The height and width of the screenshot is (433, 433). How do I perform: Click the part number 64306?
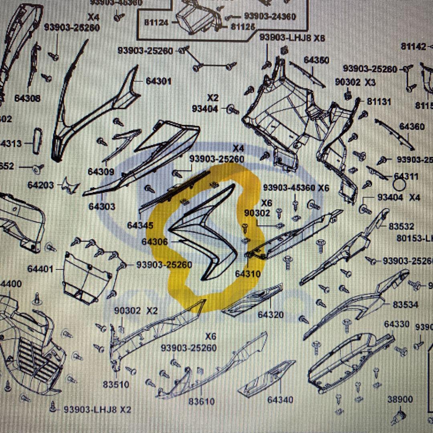pyautogui.click(x=154, y=242)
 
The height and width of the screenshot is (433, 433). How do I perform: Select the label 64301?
pyautogui.click(x=158, y=81)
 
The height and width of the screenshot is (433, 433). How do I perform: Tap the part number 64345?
pyautogui.click(x=140, y=225)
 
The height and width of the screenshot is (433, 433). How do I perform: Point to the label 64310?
pyautogui.click(x=247, y=274)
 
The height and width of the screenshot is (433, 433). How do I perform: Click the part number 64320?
pyautogui.click(x=271, y=315)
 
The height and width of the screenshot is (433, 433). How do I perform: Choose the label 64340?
pyautogui.click(x=280, y=400)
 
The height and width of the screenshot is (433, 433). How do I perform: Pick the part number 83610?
pyautogui.click(x=202, y=401)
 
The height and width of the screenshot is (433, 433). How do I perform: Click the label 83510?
pyautogui.click(x=116, y=385)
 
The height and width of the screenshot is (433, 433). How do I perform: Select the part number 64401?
pyautogui.click(x=40, y=269)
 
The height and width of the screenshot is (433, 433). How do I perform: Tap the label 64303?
pyautogui.click(x=102, y=206)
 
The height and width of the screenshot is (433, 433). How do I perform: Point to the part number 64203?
pyautogui.click(x=41, y=185)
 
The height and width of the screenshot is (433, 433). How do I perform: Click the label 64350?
pyautogui.click(x=316, y=60)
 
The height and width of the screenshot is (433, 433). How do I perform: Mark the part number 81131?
pyautogui.click(x=379, y=102)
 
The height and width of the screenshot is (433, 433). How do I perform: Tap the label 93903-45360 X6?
pyautogui.click(x=296, y=188)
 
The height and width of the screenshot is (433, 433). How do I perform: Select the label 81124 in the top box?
pyautogui.click(x=156, y=22)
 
